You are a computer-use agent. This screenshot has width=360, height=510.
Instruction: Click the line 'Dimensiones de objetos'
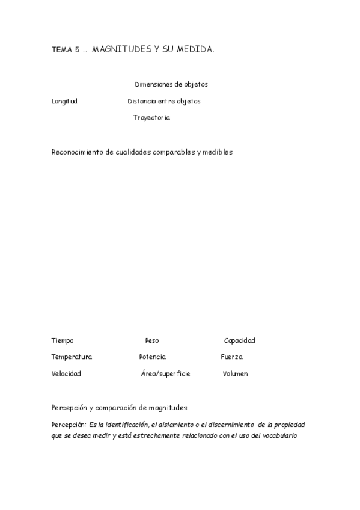(x=171, y=84)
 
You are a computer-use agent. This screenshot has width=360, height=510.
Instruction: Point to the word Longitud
(x=64, y=101)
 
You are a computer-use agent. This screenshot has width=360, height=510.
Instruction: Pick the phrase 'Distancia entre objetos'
(x=164, y=101)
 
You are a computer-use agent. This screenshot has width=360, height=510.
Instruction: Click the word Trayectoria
(x=151, y=118)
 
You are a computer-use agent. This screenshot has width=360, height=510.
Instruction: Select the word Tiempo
(x=63, y=340)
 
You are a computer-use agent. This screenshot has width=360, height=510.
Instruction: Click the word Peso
(x=152, y=340)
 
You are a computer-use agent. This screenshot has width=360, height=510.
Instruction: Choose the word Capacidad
(x=239, y=340)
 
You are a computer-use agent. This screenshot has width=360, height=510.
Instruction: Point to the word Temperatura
(x=72, y=357)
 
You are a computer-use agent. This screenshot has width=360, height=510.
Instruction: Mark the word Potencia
(x=153, y=357)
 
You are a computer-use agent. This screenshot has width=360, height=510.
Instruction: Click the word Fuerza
(x=231, y=357)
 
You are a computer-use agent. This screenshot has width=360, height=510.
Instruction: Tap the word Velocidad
(x=66, y=374)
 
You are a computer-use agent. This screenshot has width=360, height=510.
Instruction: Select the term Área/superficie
(x=165, y=374)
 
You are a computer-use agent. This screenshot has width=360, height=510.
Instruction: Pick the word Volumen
(x=235, y=374)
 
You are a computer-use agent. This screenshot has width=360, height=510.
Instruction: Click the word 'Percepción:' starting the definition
(x=69, y=425)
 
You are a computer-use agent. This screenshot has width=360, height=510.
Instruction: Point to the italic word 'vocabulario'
(x=279, y=435)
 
